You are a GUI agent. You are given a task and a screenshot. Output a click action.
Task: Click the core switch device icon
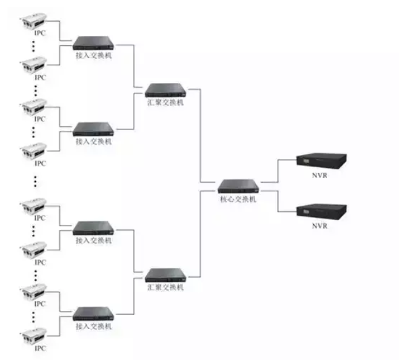click(238, 185)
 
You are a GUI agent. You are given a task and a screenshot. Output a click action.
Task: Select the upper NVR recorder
click(320, 160)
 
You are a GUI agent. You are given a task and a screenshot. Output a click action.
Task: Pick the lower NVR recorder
click(320, 211)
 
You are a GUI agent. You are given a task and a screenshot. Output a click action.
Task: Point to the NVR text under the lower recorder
click(320, 227)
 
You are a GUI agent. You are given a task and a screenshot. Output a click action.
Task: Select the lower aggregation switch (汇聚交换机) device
click(165, 274)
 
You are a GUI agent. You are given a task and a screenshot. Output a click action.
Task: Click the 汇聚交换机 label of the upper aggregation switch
click(165, 103)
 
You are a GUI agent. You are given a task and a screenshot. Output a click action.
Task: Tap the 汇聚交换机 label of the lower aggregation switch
click(165, 288)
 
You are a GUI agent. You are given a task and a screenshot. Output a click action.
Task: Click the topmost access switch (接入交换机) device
click(94, 43)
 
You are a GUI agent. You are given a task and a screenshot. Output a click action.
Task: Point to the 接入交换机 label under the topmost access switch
click(94, 56)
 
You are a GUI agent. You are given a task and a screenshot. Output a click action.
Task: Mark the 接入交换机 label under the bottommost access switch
click(94, 326)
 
